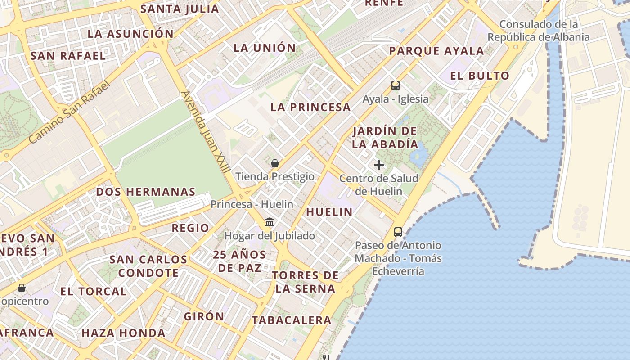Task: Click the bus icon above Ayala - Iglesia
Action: (x=395, y=85)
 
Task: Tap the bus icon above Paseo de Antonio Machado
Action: (x=398, y=232)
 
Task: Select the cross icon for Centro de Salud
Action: (x=379, y=165)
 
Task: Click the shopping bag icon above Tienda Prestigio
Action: (x=274, y=163)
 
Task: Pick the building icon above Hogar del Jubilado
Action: (x=270, y=222)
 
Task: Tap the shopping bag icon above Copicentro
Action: (x=21, y=288)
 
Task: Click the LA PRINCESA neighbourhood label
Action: (x=310, y=107)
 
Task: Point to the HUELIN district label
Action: (x=329, y=212)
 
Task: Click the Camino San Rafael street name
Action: (x=69, y=112)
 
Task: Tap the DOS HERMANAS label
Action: (x=146, y=192)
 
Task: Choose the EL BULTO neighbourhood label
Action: (x=480, y=76)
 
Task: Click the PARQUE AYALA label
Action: (x=436, y=51)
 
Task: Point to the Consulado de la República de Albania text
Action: (x=538, y=31)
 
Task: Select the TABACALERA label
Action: (x=292, y=320)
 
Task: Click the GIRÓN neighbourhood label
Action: (x=204, y=316)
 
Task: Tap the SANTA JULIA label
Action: (x=180, y=9)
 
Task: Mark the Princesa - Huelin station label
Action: (x=252, y=204)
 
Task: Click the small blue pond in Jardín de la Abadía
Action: (x=420, y=155)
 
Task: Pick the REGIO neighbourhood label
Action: (x=190, y=228)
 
